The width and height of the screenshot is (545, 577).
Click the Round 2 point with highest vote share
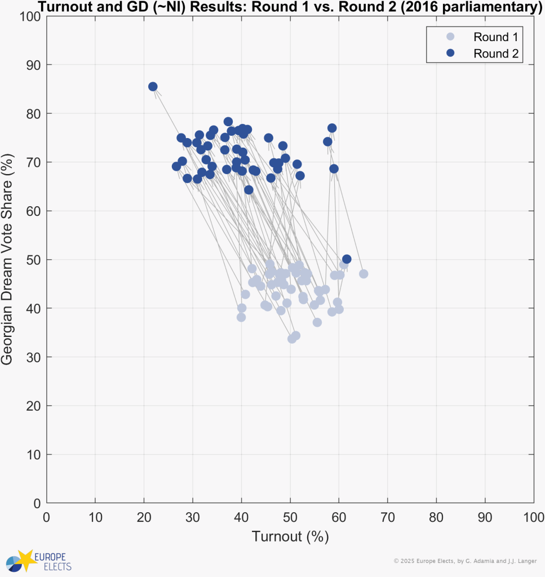point(153,87)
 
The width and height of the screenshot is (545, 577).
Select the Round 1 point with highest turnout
point(364,274)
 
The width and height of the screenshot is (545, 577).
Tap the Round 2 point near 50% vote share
point(347,259)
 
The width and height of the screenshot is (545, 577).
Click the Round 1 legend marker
point(450,37)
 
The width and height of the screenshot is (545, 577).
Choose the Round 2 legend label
point(495,54)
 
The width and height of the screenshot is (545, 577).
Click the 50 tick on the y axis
point(35,260)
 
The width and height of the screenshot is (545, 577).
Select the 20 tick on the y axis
point(35,406)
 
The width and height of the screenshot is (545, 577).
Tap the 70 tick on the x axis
point(388,517)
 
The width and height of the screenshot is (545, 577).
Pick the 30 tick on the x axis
point(193,517)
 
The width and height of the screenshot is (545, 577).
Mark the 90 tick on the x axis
point(485,517)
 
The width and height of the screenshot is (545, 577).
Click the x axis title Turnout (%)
point(290,536)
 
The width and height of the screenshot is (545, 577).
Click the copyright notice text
point(465,561)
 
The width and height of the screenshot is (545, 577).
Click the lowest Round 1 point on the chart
point(292,339)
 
